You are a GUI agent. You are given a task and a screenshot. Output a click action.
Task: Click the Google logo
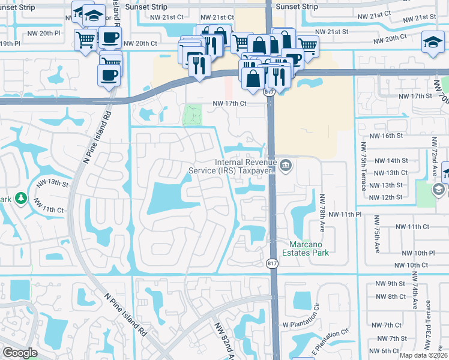(20, 353)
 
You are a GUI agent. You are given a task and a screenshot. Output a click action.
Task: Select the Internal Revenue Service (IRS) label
(247, 166)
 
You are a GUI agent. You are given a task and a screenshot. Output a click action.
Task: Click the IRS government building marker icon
(286, 164)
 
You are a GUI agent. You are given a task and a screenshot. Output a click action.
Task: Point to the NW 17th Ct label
(229, 103)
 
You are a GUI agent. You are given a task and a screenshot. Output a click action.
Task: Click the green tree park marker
(21, 197)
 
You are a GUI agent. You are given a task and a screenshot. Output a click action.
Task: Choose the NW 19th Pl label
(10, 44)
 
